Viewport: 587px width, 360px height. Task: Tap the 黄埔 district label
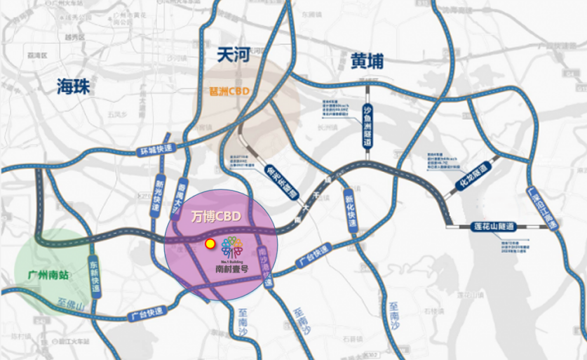point(367,62)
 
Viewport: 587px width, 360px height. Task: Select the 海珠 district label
point(74,86)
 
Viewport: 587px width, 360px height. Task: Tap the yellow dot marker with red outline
point(209,244)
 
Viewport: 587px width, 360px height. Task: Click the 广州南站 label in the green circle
point(43,275)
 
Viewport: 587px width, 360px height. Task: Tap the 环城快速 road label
point(155,150)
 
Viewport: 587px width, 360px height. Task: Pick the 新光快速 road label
point(158,189)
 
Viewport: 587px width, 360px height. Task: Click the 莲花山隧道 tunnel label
point(492,227)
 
